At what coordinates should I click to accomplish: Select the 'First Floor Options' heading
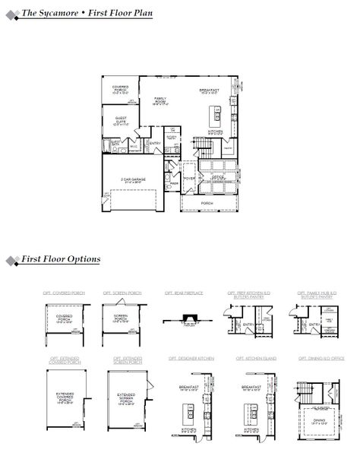coord(61,259)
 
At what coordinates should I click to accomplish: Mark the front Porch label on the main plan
coord(207,203)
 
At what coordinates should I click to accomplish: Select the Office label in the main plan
coord(219,176)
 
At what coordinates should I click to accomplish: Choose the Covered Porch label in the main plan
coord(120,89)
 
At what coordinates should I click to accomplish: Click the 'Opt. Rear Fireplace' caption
coord(181,292)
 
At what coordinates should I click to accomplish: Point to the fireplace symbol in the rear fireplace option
coord(181,321)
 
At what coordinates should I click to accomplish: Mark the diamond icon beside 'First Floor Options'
coord(11,261)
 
